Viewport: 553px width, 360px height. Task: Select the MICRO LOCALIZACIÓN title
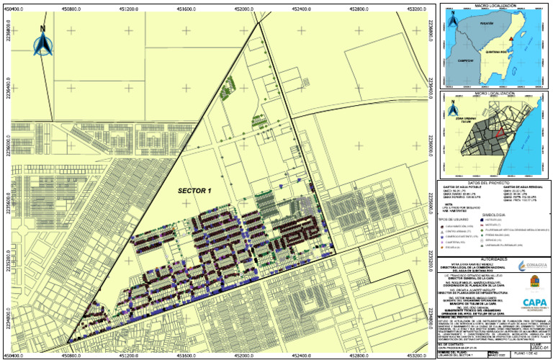pos(493,93)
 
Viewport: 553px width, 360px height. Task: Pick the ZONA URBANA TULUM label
pos(461,120)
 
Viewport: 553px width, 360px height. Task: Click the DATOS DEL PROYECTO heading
pos(493,183)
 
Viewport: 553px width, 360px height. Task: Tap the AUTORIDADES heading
pos(493,258)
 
